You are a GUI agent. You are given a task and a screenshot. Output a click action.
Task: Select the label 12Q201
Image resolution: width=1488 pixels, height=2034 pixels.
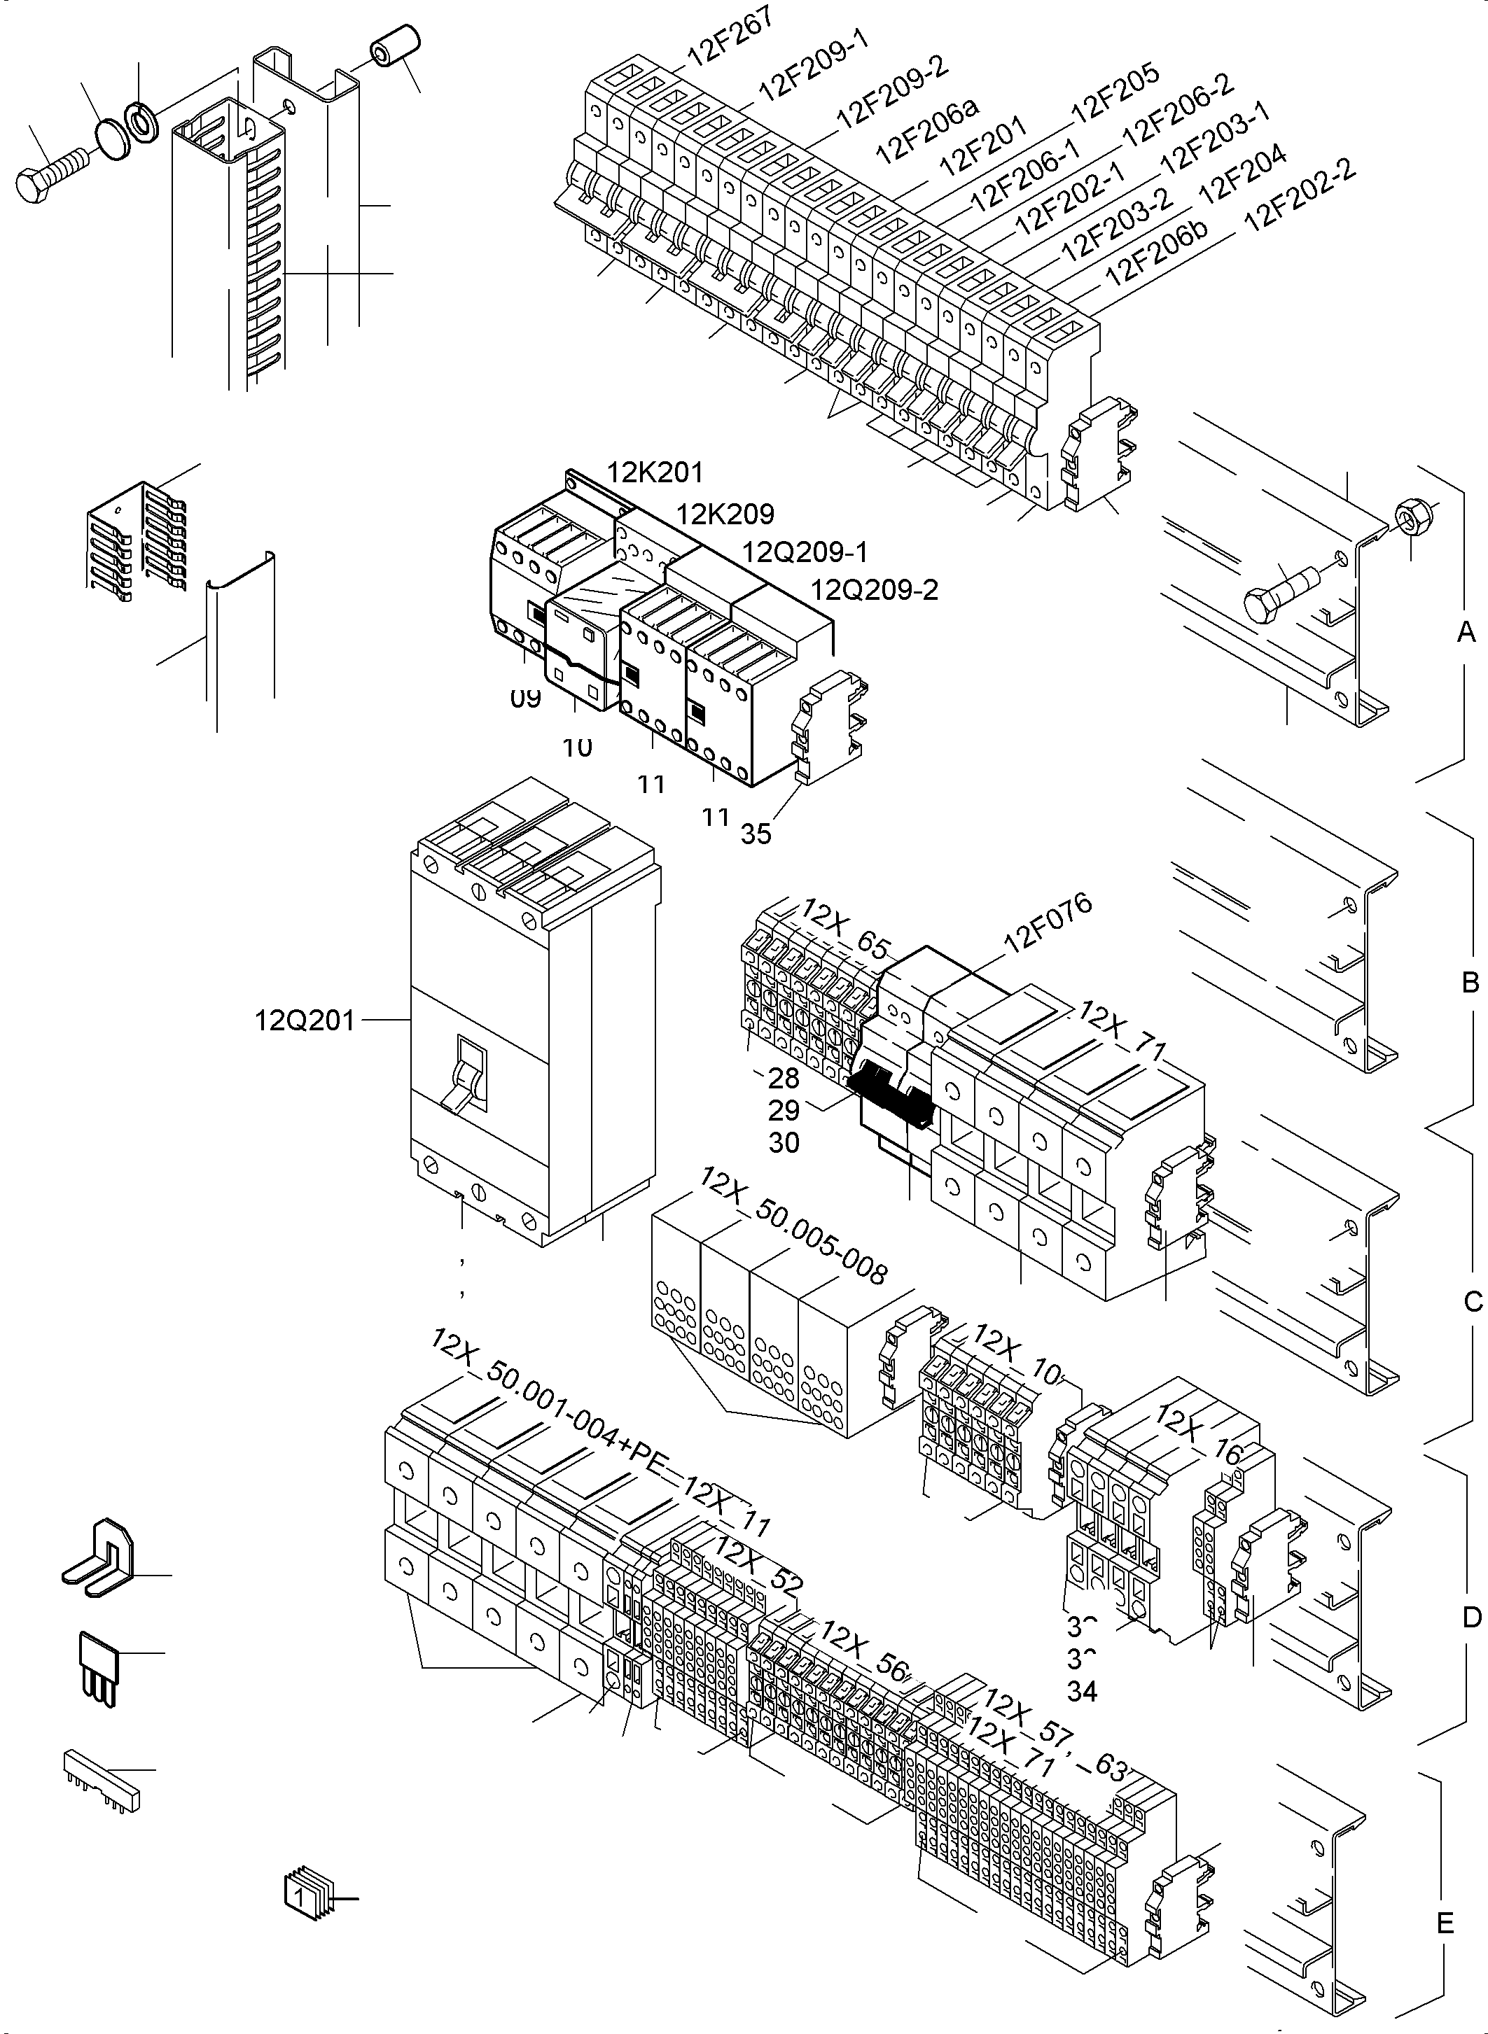pyautogui.click(x=305, y=1020)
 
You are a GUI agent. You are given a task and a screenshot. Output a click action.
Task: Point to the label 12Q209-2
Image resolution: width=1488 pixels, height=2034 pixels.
pyautogui.click(x=874, y=590)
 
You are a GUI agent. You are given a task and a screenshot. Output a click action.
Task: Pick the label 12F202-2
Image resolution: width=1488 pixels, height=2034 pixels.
pyautogui.click(x=1299, y=195)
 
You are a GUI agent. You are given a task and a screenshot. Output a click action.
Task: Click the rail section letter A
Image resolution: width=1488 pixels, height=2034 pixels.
pyautogui.click(x=1466, y=633)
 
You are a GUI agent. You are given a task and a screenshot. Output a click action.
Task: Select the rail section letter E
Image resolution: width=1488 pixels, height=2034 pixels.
pyautogui.click(x=1445, y=1923)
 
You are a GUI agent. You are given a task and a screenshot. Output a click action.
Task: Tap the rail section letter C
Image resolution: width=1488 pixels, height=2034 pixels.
pyautogui.click(x=1473, y=1301)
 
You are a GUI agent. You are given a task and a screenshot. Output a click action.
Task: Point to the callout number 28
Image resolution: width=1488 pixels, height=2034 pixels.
pyautogui.click(x=784, y=1078)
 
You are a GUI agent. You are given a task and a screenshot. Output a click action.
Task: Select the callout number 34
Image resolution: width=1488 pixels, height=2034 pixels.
pyautogui.click(x=1082, y=1691)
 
